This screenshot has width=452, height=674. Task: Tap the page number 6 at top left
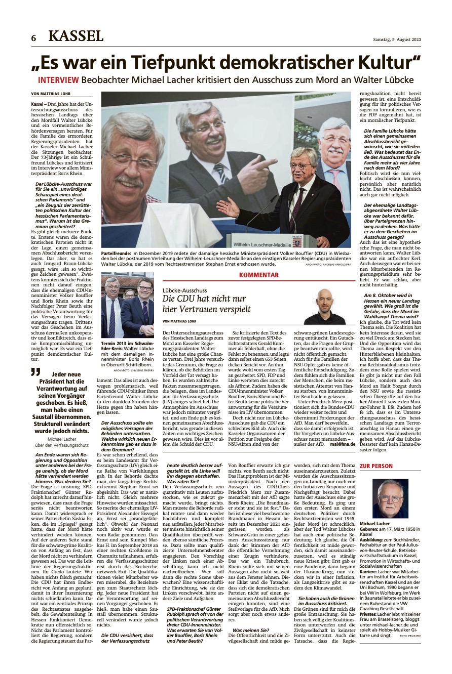click(x=33, y=38)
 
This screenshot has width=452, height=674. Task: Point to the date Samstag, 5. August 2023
click(x=394, y=40)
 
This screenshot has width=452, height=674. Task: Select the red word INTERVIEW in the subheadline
click(x=58, y=80)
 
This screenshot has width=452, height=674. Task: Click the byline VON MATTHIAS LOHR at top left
click(x=51, y=94)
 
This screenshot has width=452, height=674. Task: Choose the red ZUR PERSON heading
click(x=375, y=466)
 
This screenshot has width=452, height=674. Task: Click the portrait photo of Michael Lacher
click(x=390, y=498)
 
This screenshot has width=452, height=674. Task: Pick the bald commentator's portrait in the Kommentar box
click(x=332, y=306)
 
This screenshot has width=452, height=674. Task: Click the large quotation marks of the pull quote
click(x=35, y=373)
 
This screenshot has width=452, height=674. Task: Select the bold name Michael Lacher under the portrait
click(x=374, y=523)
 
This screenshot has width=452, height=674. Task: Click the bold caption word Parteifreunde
click(x=116, y=251)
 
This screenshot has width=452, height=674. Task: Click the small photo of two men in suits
click(x=128, y=305)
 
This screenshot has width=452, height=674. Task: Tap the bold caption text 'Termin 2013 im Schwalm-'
click(x=127, y=343)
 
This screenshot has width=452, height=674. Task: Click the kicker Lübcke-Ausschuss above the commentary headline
click(x=185, y=290)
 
